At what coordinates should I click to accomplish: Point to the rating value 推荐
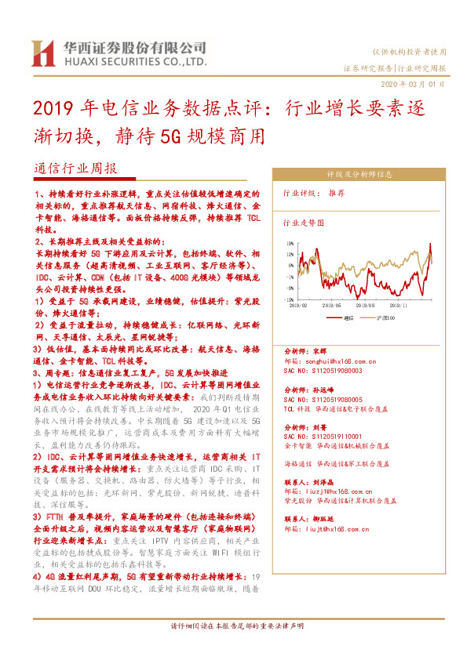[337, 193]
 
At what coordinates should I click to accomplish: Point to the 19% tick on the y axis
[290, 244]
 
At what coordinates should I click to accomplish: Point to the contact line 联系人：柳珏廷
[312, 519]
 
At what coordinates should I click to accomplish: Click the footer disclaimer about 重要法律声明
[233, 647]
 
